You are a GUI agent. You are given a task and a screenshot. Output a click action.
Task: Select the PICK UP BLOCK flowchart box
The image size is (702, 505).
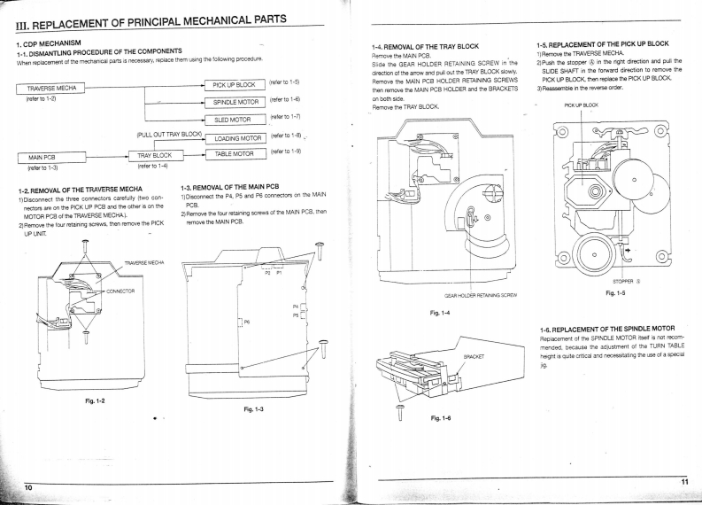tap(234, 85)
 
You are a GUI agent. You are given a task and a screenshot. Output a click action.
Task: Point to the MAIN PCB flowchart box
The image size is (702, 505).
tap(44, 157)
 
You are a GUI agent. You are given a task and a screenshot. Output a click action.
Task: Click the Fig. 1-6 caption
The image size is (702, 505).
tap(443, 418)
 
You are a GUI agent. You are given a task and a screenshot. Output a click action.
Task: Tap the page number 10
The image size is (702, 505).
tap(28, 487)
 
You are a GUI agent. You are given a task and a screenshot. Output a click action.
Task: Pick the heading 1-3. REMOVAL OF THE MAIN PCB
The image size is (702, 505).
tap(230, 187)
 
